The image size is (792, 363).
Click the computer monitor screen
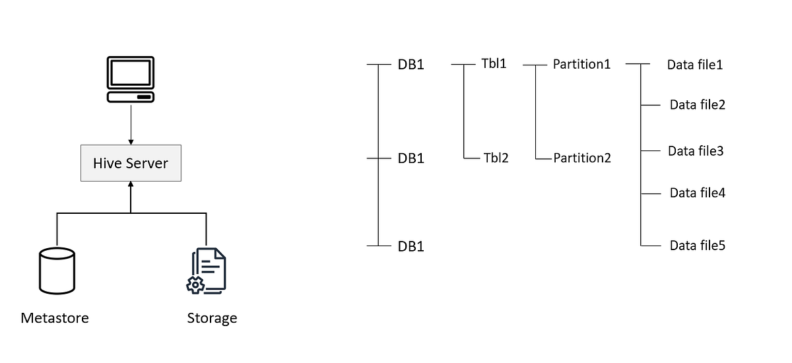pos(131,72)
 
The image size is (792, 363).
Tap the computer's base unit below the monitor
pos(131,97)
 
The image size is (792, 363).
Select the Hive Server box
pos(131,162)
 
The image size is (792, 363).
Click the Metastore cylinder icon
pos(57,271)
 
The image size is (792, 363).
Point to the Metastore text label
pos(55,318)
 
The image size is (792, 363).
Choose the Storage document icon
pos(209,268)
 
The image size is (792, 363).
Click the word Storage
pos(212,318)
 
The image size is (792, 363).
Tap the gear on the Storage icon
pos(195,285)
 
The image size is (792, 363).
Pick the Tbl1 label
pos(494,64)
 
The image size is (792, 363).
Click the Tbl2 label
pos(496,158)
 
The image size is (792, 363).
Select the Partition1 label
pos(581,65)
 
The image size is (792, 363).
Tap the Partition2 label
pos(582,158)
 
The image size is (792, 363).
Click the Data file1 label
pos(696,65)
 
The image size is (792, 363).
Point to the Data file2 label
pos(698,104)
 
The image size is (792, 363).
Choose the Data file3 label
pos(696,151)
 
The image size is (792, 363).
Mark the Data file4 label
pos(698,193)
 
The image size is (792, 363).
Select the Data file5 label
pos(698,246)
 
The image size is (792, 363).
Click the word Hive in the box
pos(107,163)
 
